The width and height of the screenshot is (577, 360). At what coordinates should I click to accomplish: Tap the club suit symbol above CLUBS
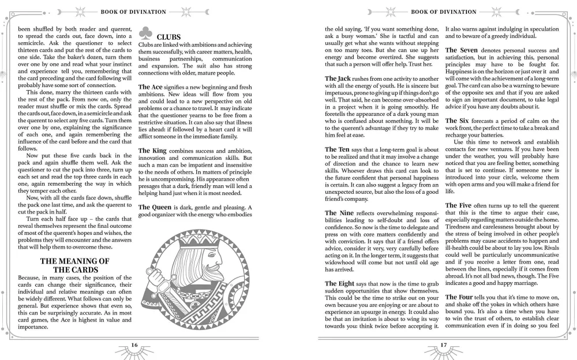point(147,33)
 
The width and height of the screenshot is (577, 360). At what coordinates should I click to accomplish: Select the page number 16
point(134,346)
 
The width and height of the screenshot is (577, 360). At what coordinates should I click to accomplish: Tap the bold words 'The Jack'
point(337,78)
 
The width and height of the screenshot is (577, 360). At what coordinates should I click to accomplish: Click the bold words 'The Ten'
point(336,149)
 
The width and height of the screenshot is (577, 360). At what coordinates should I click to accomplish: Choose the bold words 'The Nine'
point(339,213)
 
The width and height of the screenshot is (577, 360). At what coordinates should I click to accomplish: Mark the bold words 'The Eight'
point(340,283)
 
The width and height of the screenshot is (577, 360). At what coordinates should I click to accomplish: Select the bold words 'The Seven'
point(461,50)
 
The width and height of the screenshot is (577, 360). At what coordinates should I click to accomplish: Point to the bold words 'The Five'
point(458,205)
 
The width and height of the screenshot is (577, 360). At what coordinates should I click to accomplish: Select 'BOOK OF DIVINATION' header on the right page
point(443,12)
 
